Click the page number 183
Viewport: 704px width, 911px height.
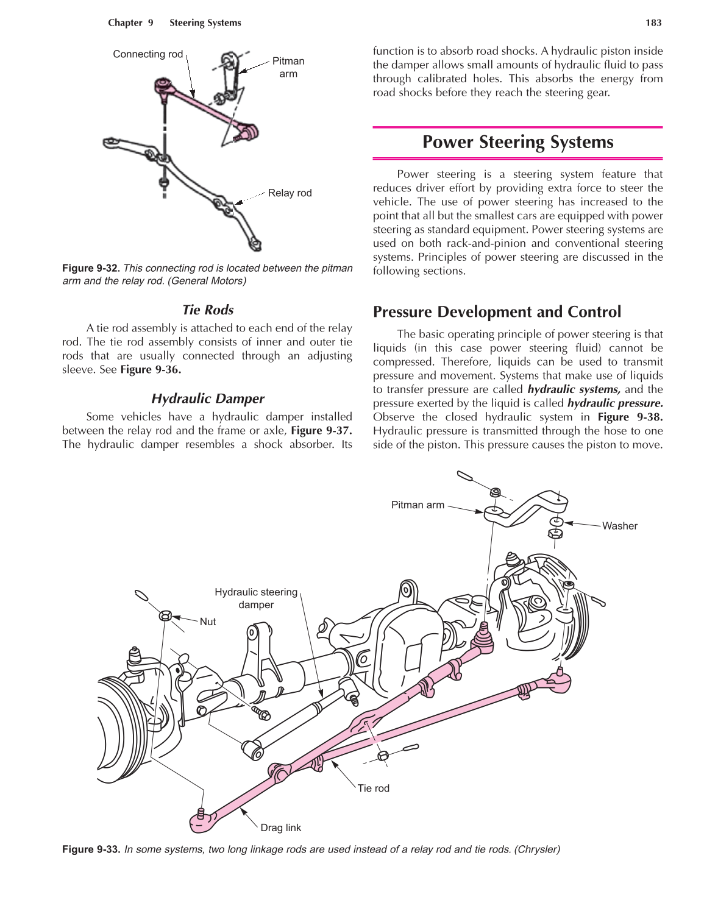click(x=653, y=23)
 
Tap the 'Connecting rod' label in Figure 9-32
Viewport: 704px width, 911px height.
click(x=148, y=54)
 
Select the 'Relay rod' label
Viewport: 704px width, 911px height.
click(x=290, y=193)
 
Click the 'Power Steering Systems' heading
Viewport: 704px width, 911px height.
click(x=517, y=142)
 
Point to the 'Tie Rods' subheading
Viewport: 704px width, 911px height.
click(x=207, y=310)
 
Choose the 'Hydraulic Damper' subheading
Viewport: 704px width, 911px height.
click(x=207, y=399)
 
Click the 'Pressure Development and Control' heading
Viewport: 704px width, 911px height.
click(x=497, y=312)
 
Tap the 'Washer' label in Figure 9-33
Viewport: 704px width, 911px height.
click(x=619, y=526)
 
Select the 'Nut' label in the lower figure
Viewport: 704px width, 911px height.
click(x=208, y=622)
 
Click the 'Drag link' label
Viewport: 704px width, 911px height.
click(x=280, y=828)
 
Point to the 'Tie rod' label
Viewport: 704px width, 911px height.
click(x=373, y=788)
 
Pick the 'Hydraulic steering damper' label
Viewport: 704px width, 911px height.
click(x=256, y=598)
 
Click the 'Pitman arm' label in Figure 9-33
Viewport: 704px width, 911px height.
click(x=418, y=505)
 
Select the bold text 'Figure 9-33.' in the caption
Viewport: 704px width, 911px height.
click(x=91, y=849)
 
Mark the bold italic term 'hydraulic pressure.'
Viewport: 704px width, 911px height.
click(x=614, y=403)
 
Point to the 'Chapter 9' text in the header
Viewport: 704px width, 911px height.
click(x=130, y=23)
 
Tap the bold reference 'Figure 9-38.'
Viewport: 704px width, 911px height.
click(x=630, y=417)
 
